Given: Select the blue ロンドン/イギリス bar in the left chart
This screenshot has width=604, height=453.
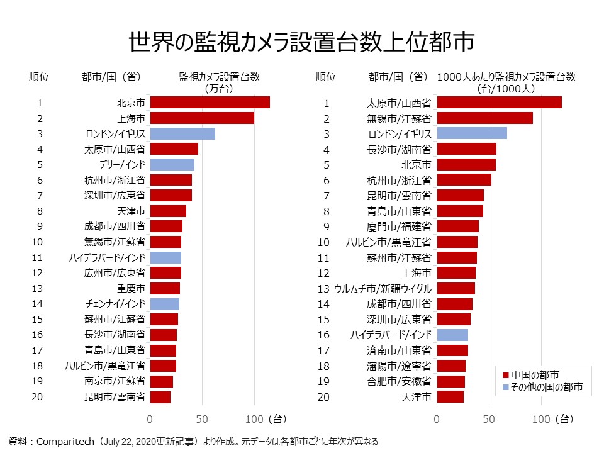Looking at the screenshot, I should (182, 133).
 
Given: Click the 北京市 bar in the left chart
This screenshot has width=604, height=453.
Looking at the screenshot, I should (210, 103).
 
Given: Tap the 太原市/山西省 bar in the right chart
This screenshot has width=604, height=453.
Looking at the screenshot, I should (499, 103).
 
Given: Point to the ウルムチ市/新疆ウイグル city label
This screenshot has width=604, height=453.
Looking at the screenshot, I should (383, 289).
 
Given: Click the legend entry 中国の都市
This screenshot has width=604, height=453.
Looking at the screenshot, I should (535, 374).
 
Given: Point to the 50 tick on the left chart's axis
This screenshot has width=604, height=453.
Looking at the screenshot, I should (202, 419).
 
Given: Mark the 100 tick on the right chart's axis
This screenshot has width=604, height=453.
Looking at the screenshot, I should (542, 419).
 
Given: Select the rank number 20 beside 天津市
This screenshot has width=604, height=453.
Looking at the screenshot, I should (323, 397).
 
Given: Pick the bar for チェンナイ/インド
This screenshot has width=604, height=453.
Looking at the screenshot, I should (165, 305).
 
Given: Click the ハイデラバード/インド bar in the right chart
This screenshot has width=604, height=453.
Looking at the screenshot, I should (452, 335).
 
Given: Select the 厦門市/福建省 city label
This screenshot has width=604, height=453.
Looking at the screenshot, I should (399, 226).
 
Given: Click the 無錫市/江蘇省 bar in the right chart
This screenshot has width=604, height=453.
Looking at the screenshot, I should (484, 118).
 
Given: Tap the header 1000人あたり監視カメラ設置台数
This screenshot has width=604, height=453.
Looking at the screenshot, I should (506, 77).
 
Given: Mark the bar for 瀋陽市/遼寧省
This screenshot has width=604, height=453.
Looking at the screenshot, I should (451, 366).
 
